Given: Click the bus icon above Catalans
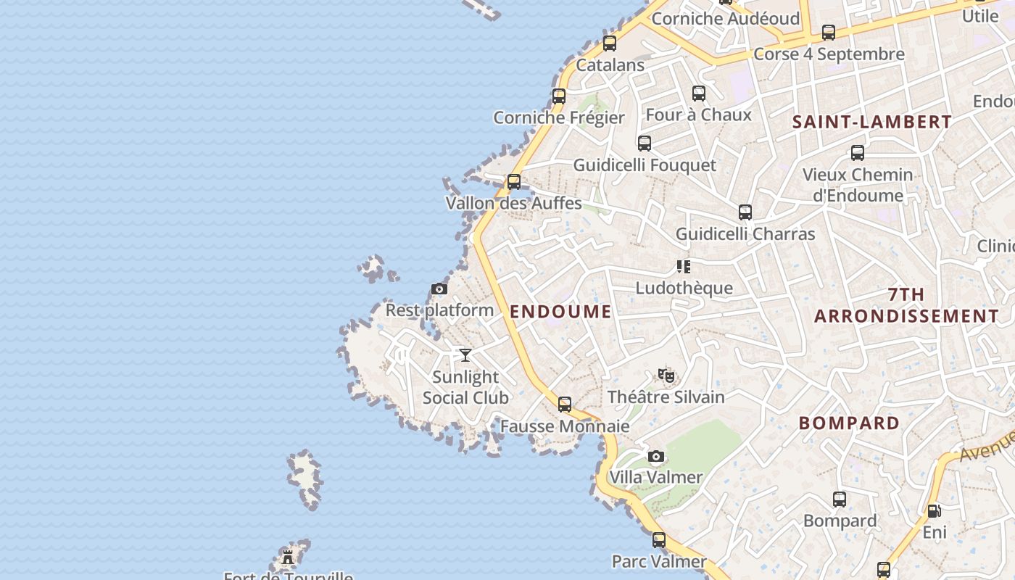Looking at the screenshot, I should tap(610, 43).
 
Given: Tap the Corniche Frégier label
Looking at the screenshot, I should tap(559, 117).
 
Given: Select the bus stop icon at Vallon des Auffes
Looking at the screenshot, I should tap(514, 181).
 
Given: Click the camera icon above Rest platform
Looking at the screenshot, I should tap(439, 289).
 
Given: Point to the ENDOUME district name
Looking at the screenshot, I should tap(560, 312).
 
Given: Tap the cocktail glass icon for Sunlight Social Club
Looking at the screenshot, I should tap(465, 355).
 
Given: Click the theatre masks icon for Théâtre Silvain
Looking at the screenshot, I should tap(666, 375).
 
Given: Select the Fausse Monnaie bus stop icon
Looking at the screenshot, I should tap(565, 405).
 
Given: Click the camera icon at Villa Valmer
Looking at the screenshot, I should tap(656, 456).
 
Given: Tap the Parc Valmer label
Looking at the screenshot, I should tap(659, 561).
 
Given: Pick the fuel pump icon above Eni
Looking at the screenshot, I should tap(935, 510).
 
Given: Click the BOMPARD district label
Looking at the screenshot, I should tap(849, 423).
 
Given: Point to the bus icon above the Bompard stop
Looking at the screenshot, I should tap(840, 500).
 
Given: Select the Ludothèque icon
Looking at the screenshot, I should tap(684, 267).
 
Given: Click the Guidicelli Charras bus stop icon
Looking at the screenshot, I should tap(745, 212).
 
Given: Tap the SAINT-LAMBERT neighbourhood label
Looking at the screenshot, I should tap(871, 122).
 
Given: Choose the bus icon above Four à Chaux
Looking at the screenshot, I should tap(699, 94).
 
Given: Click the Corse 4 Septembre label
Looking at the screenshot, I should tap(829, 54).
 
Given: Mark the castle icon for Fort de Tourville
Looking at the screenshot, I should tap(288, 557).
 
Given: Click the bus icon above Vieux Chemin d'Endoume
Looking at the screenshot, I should tap(858, 153).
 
